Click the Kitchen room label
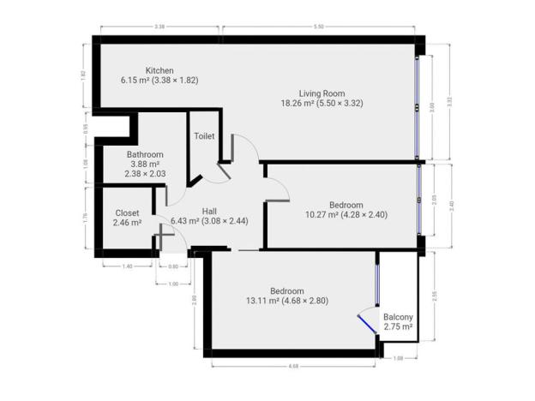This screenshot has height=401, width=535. click(159, 70)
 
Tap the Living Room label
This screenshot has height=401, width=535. click(322, 93)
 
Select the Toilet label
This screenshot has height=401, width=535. click(204, 136)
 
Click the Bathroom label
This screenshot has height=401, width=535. click(144, 155)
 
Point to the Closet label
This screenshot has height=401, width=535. click(127, 213)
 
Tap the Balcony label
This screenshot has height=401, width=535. click(398, 316)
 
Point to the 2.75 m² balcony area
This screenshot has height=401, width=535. click(398, 326)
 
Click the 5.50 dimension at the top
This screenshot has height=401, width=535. click(320, 27)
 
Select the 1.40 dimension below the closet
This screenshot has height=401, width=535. click(127, 266)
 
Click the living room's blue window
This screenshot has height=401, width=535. click(418, 107)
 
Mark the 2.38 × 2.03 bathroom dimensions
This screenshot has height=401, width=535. click(144, 174)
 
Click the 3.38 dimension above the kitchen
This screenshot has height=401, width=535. click(159, 27)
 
